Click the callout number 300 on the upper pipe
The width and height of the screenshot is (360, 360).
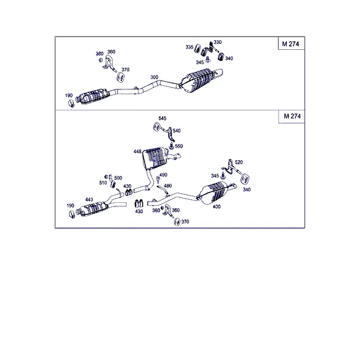[154, 77]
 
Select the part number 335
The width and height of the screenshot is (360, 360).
[190, 47]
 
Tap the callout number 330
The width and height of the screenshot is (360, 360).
[217, 42]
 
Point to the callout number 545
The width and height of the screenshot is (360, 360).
[163, 118]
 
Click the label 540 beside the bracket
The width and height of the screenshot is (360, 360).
[176, 131]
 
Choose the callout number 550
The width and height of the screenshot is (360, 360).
[179, 146]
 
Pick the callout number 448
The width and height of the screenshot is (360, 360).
[137, 152]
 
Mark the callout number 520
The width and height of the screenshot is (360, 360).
[239, 162]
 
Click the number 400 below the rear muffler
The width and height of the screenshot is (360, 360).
[217, 206]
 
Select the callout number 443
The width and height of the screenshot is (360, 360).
[89, 200]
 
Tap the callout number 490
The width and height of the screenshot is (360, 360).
[163, 175]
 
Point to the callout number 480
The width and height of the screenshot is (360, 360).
[168, 185]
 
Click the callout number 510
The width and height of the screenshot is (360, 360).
[103, 183]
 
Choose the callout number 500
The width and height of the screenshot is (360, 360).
[118, 178]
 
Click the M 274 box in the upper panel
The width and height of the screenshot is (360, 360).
[291, 43]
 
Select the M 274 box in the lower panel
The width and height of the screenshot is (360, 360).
[292, 116]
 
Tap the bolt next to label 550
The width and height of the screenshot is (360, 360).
[171, 145]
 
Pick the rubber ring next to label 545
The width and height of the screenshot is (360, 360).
[157, 127]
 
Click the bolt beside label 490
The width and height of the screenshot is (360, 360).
[158, 179]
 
